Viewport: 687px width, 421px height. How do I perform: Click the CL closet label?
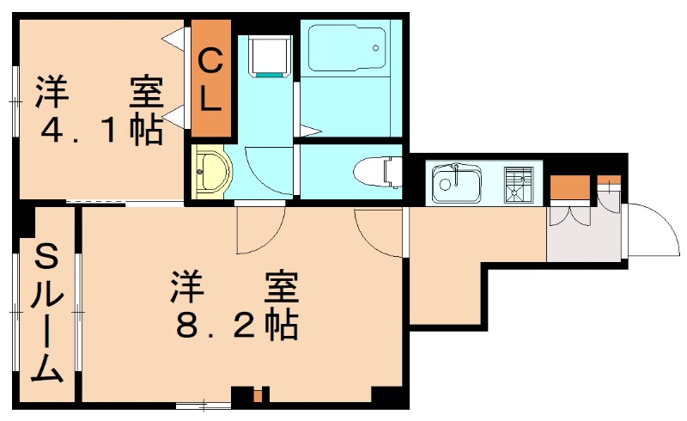210,80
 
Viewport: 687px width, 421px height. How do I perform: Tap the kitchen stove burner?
518,183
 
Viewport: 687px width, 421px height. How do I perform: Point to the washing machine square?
269,55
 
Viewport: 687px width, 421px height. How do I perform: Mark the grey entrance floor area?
584,236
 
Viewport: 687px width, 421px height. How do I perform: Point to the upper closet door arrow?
179,37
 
